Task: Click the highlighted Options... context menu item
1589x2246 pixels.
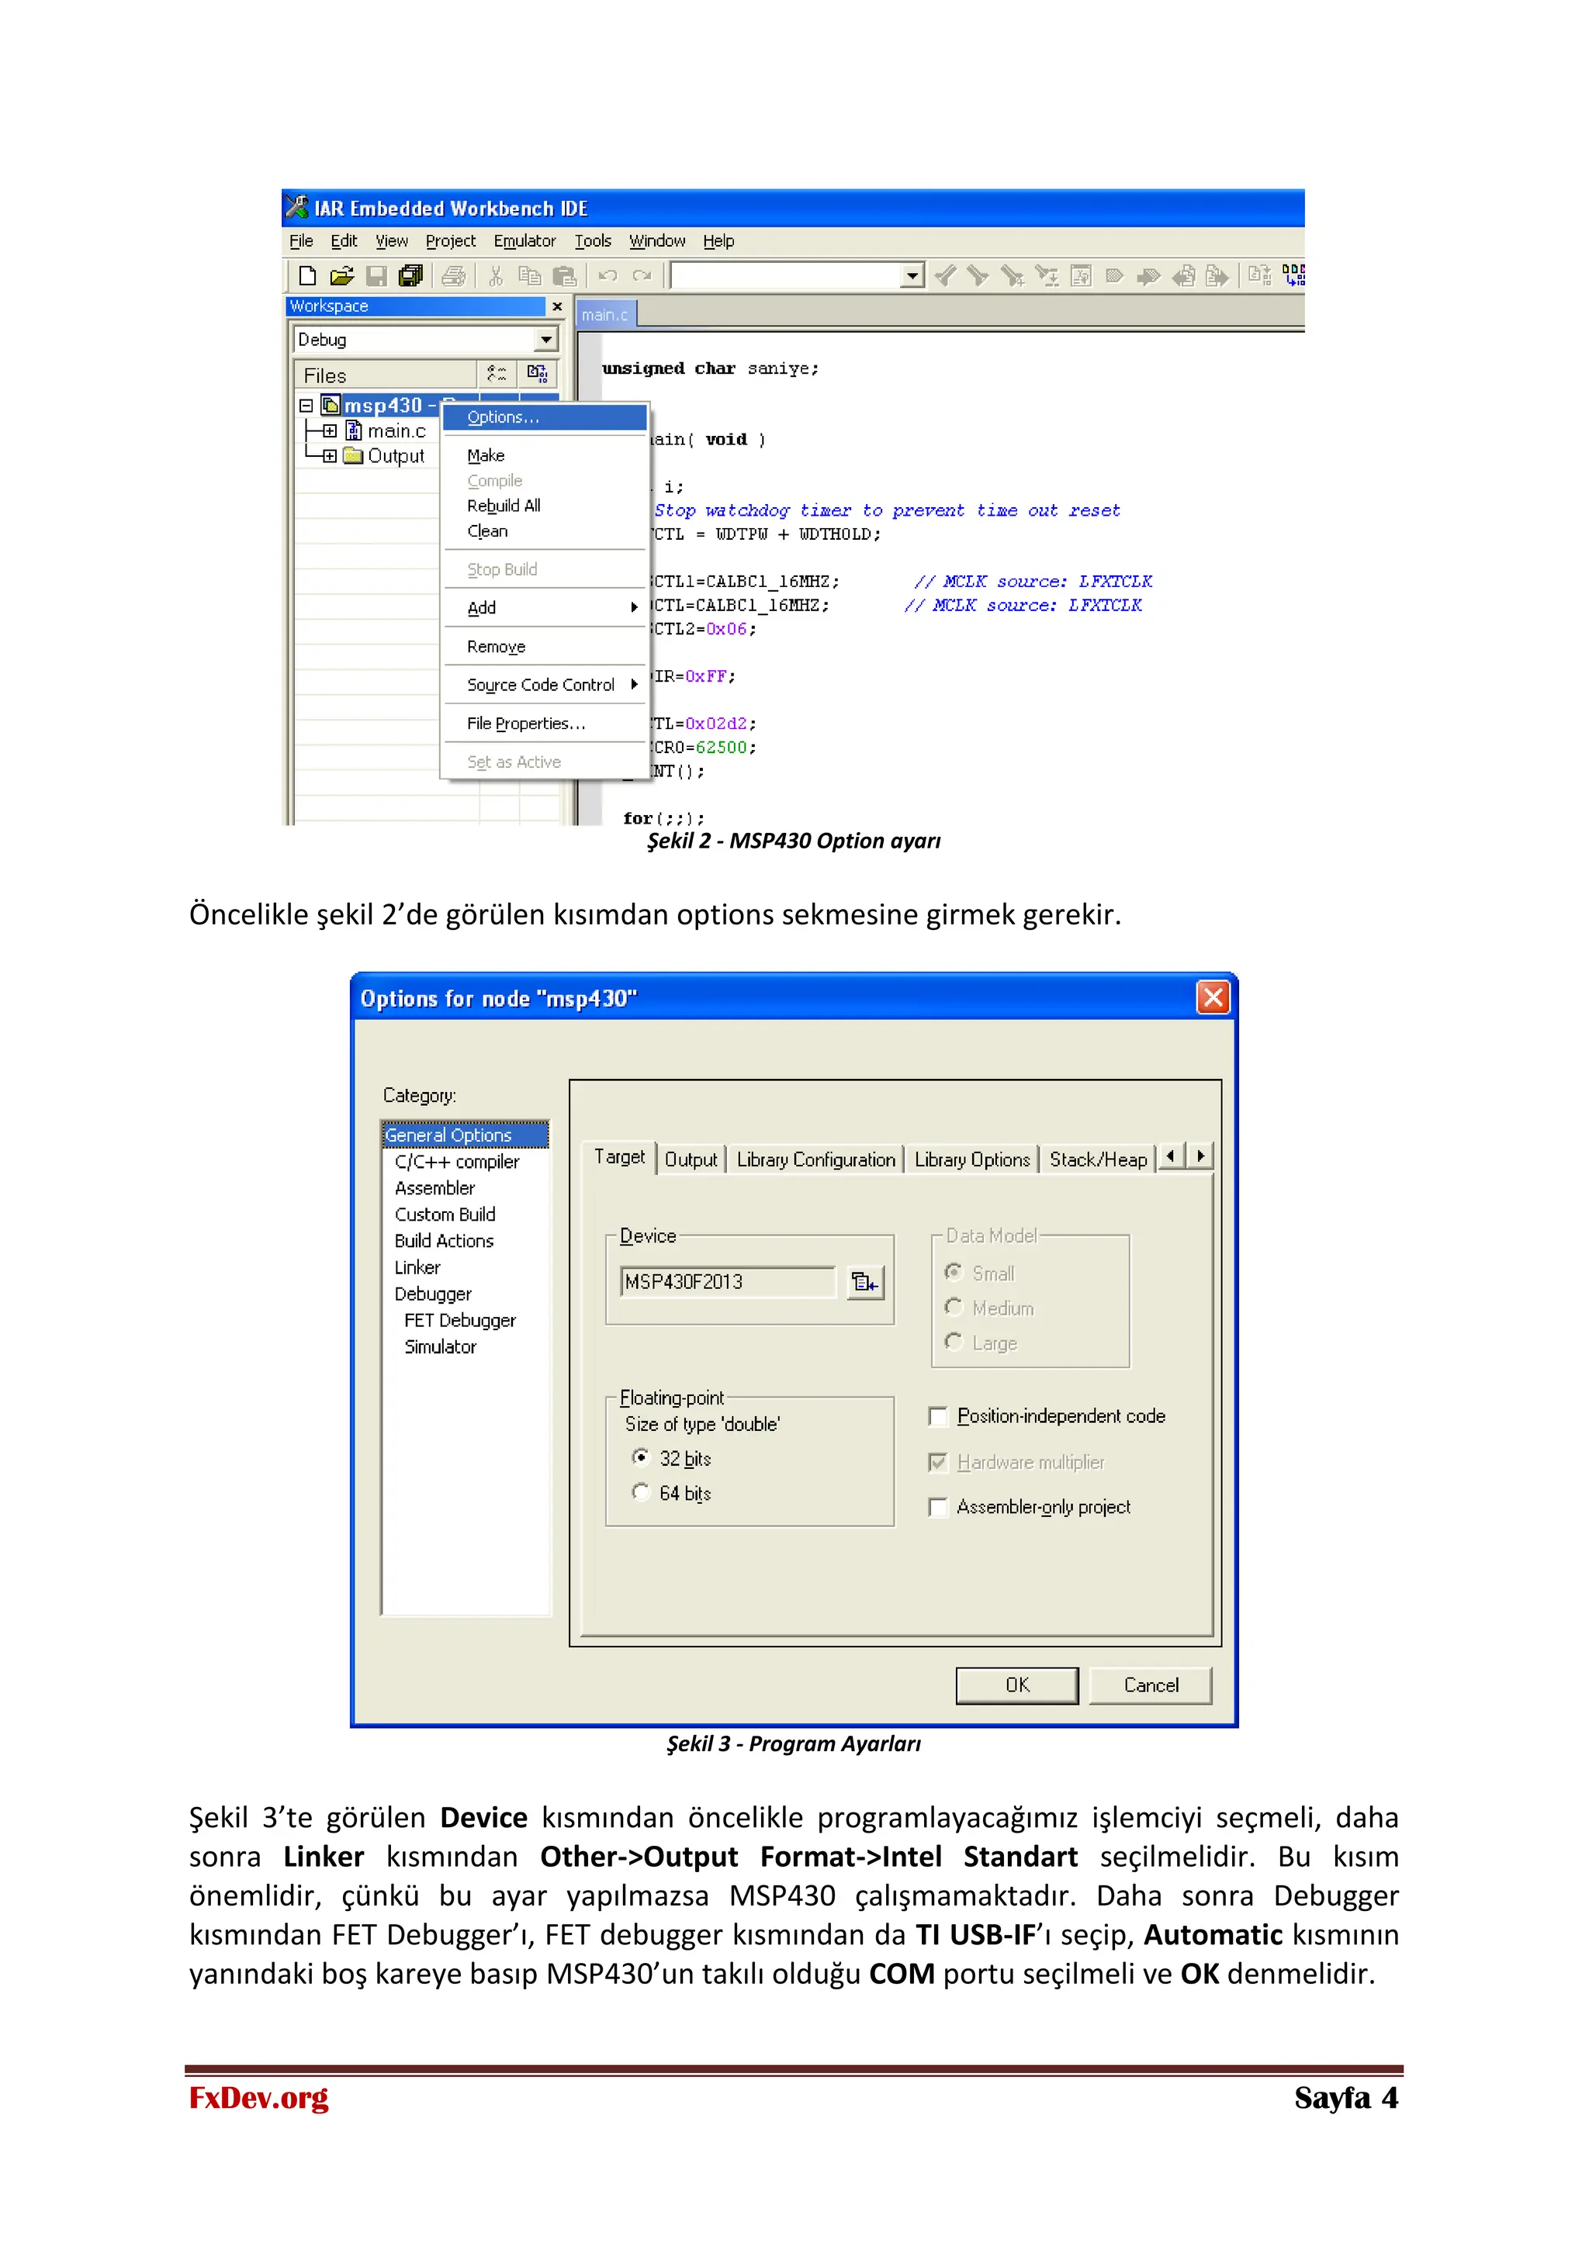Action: pyautogui.click(x=503, y=418)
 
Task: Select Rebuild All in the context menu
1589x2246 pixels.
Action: pyautogui.click(x=503, y=506)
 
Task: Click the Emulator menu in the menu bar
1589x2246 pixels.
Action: pyautogui.click(x=524, y=240)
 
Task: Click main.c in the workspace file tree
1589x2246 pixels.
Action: pyautogui.click(x=396, y=431)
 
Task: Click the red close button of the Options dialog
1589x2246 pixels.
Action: pyautogui.click(x=1212, y=998)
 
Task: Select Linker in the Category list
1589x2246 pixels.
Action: pyautogui.click(x=417, y=1268)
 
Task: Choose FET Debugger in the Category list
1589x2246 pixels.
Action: pyautogui.click(x=460, y=1321)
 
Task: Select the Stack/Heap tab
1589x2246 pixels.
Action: pyautogui.click(x=1098, y=1160)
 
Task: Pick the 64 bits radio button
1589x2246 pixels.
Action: pyautogui.click(x=641, y=1492)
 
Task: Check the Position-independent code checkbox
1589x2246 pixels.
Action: pyautogui.click(x=937, y=1416)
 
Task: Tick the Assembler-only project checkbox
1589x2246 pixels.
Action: pyautogui.click(x=937, y=1508)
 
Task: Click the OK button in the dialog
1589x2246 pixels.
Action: pyautogui.click(x=1016, y=1685)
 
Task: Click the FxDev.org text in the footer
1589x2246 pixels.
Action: pyautogui.click(x=259, y=2099)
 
